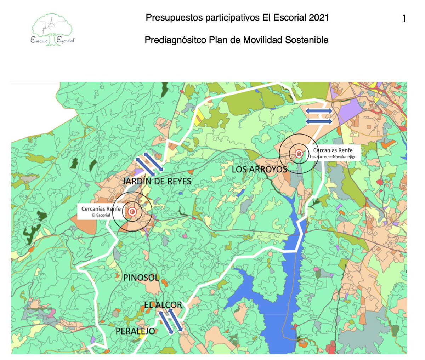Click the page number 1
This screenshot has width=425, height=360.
(x=404, y=19)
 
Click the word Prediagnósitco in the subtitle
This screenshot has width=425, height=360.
(x=175, y=40)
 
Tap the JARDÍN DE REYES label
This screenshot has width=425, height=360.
(x=157, y=182)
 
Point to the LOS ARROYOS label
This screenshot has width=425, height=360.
(x=259, y=170)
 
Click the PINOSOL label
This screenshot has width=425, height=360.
(x=141, y=278)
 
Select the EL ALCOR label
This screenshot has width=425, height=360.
(x=163, y=304)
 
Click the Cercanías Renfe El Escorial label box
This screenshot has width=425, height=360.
(x=101, y=212)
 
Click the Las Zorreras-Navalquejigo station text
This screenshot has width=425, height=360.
(x=333, y=156)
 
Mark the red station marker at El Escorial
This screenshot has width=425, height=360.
(x=132, y=212)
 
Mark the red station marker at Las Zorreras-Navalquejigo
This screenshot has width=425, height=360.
(x=299, y=154)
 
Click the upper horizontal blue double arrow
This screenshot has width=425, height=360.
(x=319, y=111)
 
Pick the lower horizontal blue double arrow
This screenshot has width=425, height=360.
(x=319, y=121)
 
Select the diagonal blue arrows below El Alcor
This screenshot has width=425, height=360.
(x=170, y=321)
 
